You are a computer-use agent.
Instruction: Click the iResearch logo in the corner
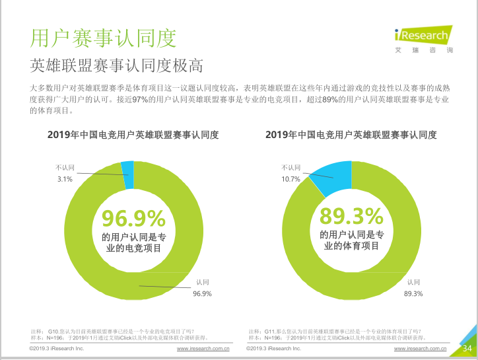tap(423, 36)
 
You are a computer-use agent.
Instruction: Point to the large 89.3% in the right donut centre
tap(351, 216)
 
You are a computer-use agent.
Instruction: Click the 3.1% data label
tap(64, 179)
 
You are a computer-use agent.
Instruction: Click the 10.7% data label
tap(290, 179)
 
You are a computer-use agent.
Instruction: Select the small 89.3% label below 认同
tap(413, 293)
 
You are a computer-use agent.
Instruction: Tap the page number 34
tap(467, 348)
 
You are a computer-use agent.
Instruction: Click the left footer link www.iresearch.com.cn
tap(203, 348)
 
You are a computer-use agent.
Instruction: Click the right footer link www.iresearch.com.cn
tap(420, 348)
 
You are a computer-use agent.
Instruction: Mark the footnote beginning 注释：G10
tap(112, 331)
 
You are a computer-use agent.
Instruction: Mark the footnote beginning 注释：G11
tap(334, 331)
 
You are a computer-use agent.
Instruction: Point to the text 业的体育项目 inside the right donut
tap(351, 246)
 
